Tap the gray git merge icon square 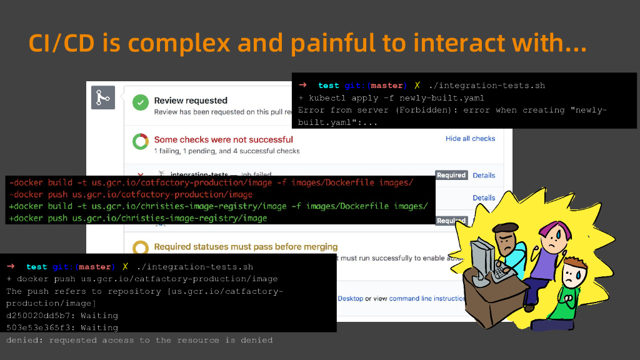click(x=103, y=99)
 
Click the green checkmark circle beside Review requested click(x=141, y=102)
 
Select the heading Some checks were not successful click(x=223, y=139)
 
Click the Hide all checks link click(x=470, y=139)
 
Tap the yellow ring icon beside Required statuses click(x=141, y=248)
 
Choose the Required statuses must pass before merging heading click(x=246, y=247)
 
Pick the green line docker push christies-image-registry click(x=137, y=218)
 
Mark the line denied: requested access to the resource click(x=139, y=340)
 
